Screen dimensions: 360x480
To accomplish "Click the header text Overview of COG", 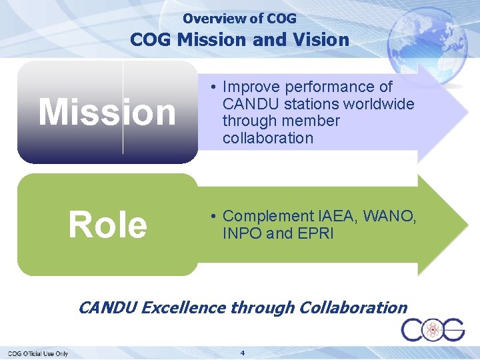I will coord(239,19).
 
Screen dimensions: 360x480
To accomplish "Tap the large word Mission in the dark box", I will coord(107,112).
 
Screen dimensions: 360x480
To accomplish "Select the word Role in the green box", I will coord(107,225).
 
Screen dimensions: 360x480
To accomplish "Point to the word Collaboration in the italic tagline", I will coord(353,307).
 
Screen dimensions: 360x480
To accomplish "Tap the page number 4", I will coord(243,352).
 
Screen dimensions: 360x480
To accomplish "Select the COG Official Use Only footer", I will coord(38,353).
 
